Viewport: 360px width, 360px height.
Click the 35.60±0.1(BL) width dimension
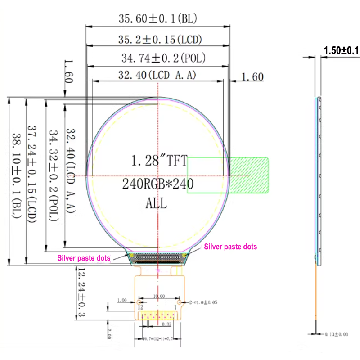158,18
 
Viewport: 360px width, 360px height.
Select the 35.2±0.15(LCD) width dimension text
158,39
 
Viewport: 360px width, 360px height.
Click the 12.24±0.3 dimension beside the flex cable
81,292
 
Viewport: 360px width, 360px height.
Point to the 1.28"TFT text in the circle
158,161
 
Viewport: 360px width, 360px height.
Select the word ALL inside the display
156,203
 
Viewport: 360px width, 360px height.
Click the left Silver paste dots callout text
84,258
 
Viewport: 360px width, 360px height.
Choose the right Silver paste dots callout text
230,247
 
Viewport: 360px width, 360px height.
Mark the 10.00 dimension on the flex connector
159,297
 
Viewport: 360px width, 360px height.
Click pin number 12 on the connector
140,306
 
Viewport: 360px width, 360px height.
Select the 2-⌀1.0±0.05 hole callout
201,302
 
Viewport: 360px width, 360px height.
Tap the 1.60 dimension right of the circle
252,77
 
